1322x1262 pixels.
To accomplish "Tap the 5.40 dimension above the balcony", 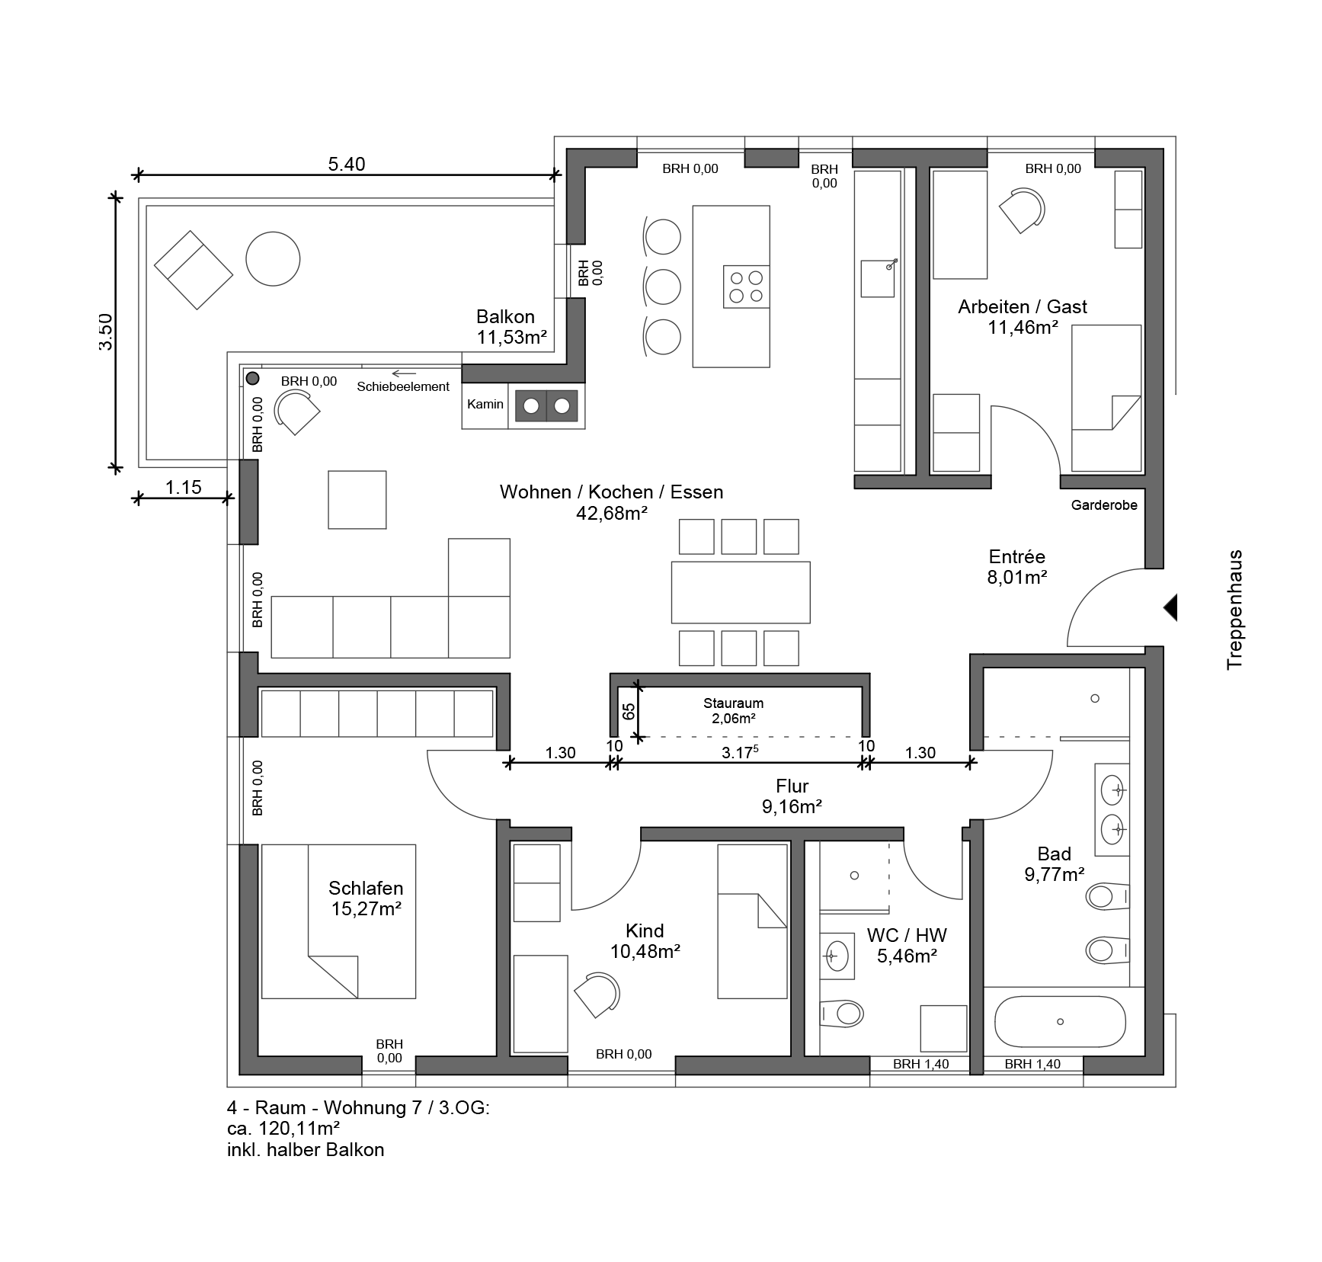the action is pos(346,164).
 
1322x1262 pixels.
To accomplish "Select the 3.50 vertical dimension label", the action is pos(106,332).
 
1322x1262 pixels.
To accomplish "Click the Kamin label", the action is pos(485,404).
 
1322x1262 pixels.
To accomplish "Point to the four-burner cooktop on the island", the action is pos(746,287).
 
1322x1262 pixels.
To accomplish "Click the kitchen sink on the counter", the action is pos(879,278).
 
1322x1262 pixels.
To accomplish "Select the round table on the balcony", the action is pos(273,259).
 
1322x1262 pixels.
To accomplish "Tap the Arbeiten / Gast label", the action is pos(1023,317).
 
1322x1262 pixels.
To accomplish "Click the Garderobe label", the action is pos(1104,504).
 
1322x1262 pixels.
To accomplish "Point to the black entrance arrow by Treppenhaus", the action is pos(1170,607).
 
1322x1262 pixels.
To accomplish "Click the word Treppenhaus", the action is pos(1234,610).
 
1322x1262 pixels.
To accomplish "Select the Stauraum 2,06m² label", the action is pos(733,710).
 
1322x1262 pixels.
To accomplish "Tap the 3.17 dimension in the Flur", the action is pos(740,753).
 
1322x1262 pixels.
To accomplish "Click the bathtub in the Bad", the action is pos(1060,1021).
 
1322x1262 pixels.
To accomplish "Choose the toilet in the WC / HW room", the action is pos(842,1014).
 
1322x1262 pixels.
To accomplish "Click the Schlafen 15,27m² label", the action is pos(366,898).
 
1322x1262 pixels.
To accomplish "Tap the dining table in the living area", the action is pos(741,592).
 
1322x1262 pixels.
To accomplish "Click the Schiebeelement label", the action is pos(403,386).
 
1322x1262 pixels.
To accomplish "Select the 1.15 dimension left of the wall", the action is pos(183,487).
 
